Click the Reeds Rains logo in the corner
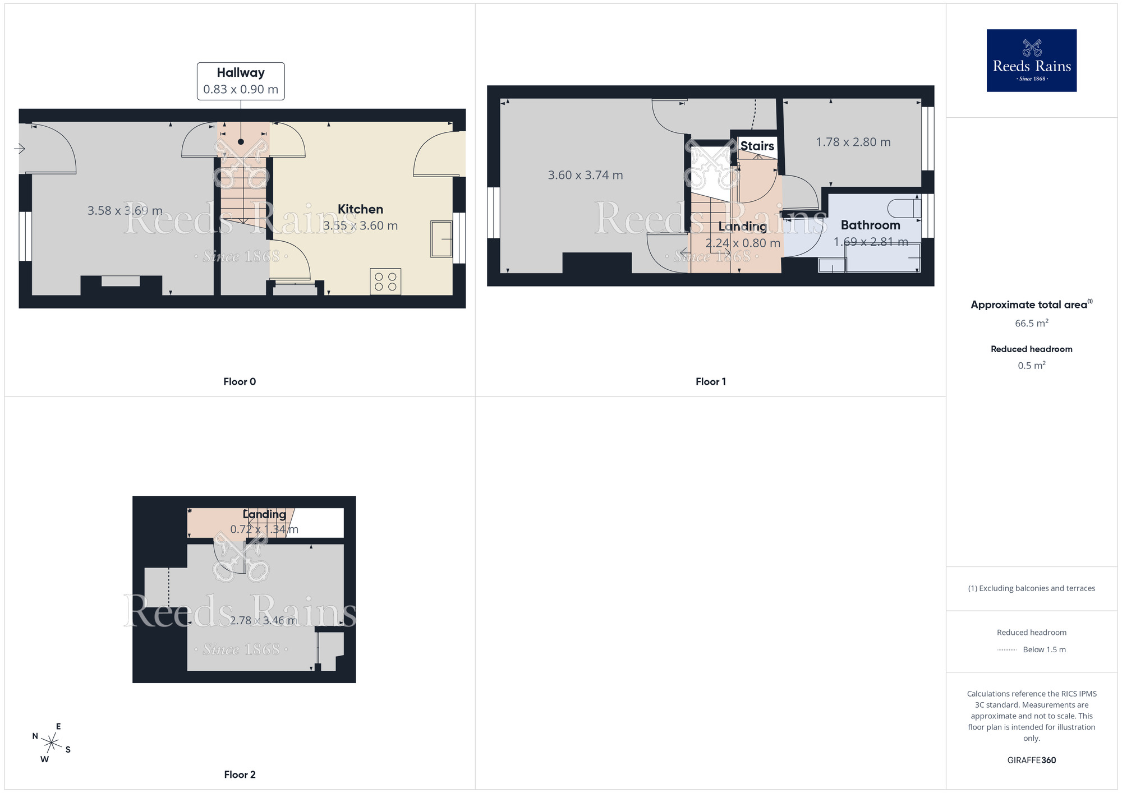(1031, 61)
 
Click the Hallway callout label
(241, 81)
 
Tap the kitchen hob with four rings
(385, 282)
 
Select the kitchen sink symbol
(442, 239)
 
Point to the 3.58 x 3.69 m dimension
(125, 211)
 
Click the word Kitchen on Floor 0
(360, 209)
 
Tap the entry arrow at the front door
(20, 149)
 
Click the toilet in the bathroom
(904, 208)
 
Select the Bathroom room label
(870, 225)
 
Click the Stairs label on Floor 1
(757, 146)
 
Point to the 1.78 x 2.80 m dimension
(853, 142)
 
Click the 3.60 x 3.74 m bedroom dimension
(585, 175)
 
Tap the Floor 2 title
(240, 774)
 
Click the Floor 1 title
(710, 381)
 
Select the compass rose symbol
(51, 743)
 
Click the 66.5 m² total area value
(1031, 323)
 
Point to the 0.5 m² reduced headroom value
(1031, 365)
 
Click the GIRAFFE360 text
(1031, 760)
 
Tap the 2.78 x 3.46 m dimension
(263, 620)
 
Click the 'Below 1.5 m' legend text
(1044, 649)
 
